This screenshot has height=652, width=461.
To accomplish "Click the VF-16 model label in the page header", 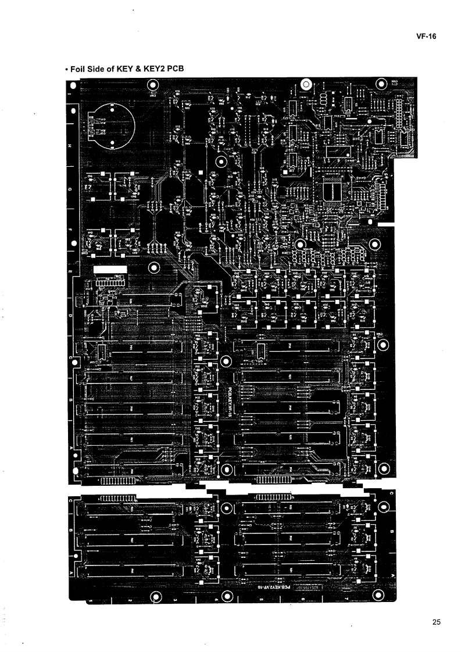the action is click(x=427, y=36).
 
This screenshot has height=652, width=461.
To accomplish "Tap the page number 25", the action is click(x=437, y=622).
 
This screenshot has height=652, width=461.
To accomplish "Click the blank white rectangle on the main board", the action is click(x=110, y=270).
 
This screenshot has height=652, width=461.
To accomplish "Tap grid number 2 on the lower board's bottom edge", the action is click(x=128, y=599).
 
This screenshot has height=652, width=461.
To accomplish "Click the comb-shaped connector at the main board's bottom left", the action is click(x=119, y=481).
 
